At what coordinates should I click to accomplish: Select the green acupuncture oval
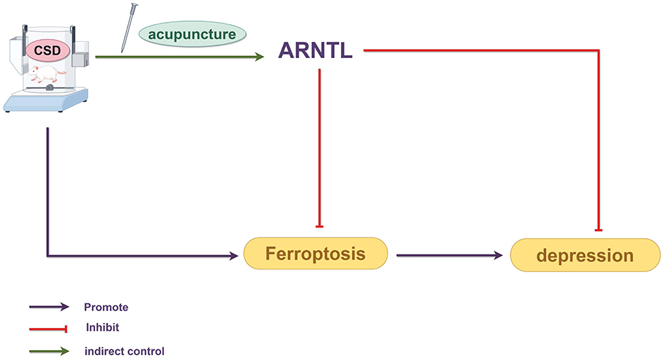pyautogui.click(x=191, y=33)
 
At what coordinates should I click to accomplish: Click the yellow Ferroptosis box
pyautogui.click(x=316, y=254)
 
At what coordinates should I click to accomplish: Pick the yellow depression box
pyautogui.click(x=585, y=254)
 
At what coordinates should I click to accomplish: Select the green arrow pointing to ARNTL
pyautogui.click(x=177, y=58)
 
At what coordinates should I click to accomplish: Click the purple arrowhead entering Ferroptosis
pyautogui.click(x=233, y=254)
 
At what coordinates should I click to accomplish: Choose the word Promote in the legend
pyautogui.click(x=106, y=307)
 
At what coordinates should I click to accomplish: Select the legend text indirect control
pyautogui.click(x=124, y=350)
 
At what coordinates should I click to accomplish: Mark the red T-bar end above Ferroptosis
pyautogui.click(x=321, y=225)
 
